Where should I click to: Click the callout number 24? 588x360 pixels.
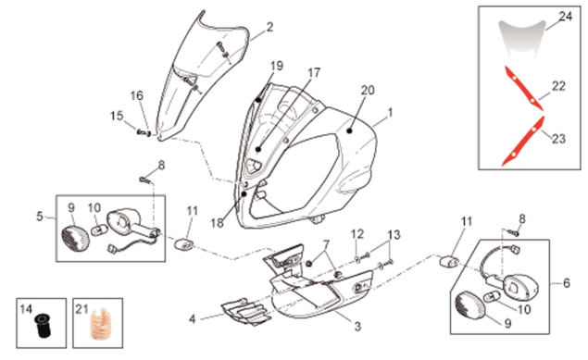click(x=566, y=17)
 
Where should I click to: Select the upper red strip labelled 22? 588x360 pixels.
click(x=523, y=89)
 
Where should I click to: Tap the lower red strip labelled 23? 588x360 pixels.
click(x=523, y=142)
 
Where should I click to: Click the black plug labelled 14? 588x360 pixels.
click(x=42, y=326)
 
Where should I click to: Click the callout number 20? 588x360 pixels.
click(x=368, y=91)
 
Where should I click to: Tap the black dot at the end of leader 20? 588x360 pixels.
click(x=349, y=131)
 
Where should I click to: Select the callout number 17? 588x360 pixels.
click(x=314, y=73)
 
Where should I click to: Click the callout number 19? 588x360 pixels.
click(x=277, y=66)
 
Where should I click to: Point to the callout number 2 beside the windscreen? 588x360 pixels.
click(x=269, y=27)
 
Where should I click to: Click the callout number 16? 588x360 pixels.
click(x=137, y=96)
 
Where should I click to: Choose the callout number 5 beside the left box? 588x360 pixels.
click(x=40, y=217)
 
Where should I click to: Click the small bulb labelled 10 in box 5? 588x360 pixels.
click(x=98, y=229)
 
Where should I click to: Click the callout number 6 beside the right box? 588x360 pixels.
click(x=567, y=283)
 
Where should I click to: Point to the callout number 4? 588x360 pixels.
click(x=192, y=319)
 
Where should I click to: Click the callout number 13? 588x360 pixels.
click(x=394, y=235)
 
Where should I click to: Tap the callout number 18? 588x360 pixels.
click(x=217, y=223)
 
